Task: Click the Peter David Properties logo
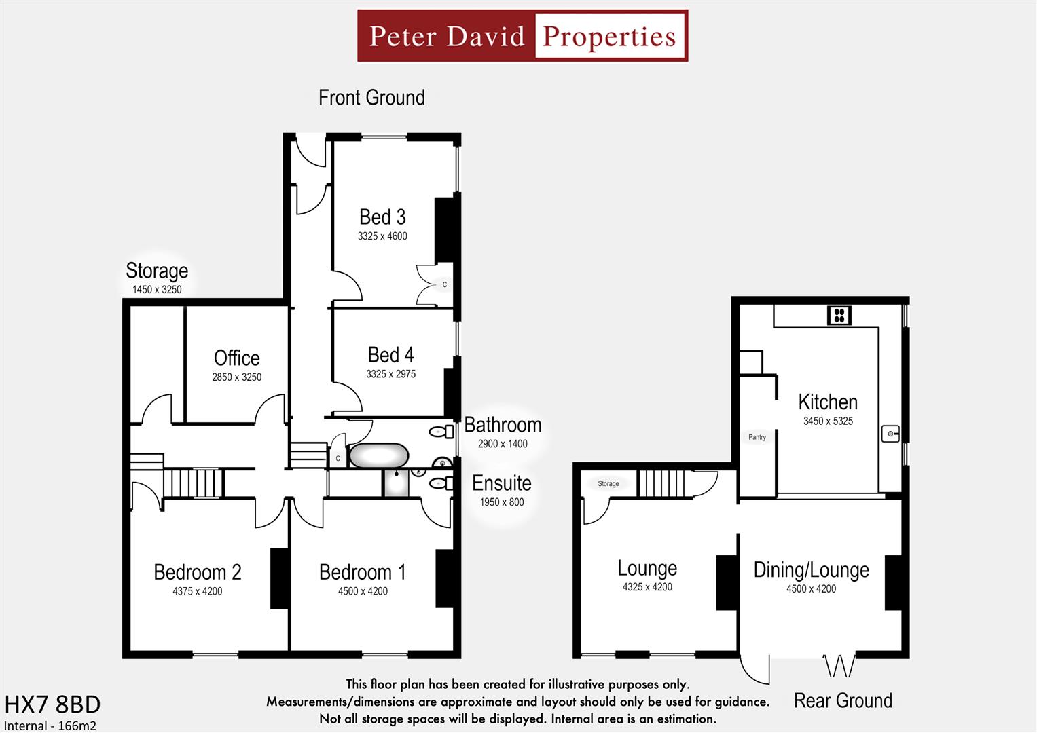(x=522, y=36)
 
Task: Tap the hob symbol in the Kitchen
(x=839, y=315)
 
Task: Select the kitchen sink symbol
(x=890, y=433)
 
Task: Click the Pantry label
(x=757, y=437)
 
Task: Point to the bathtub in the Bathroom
(x=379, y=455)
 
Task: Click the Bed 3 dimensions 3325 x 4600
(x=382, y=236)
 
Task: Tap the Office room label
(x=236, y=358)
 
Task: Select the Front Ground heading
(x=371, y=98)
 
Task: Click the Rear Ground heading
(x=843, y=700)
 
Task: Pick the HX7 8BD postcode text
(x=52, y=704)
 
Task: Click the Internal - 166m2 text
(x=50, y=726)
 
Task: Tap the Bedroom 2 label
(x=197, y=572)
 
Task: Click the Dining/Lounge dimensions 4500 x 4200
(x=811, y=589)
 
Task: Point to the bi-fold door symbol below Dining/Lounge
(x=839, y=666)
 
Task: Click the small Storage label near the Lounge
(x=608, y=484)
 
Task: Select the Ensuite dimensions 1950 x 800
(x=502, y=502)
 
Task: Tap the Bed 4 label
(x=390, y=355)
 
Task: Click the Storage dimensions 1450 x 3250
(x=157, y=290)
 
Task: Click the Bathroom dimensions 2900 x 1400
(x=503, y=444)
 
